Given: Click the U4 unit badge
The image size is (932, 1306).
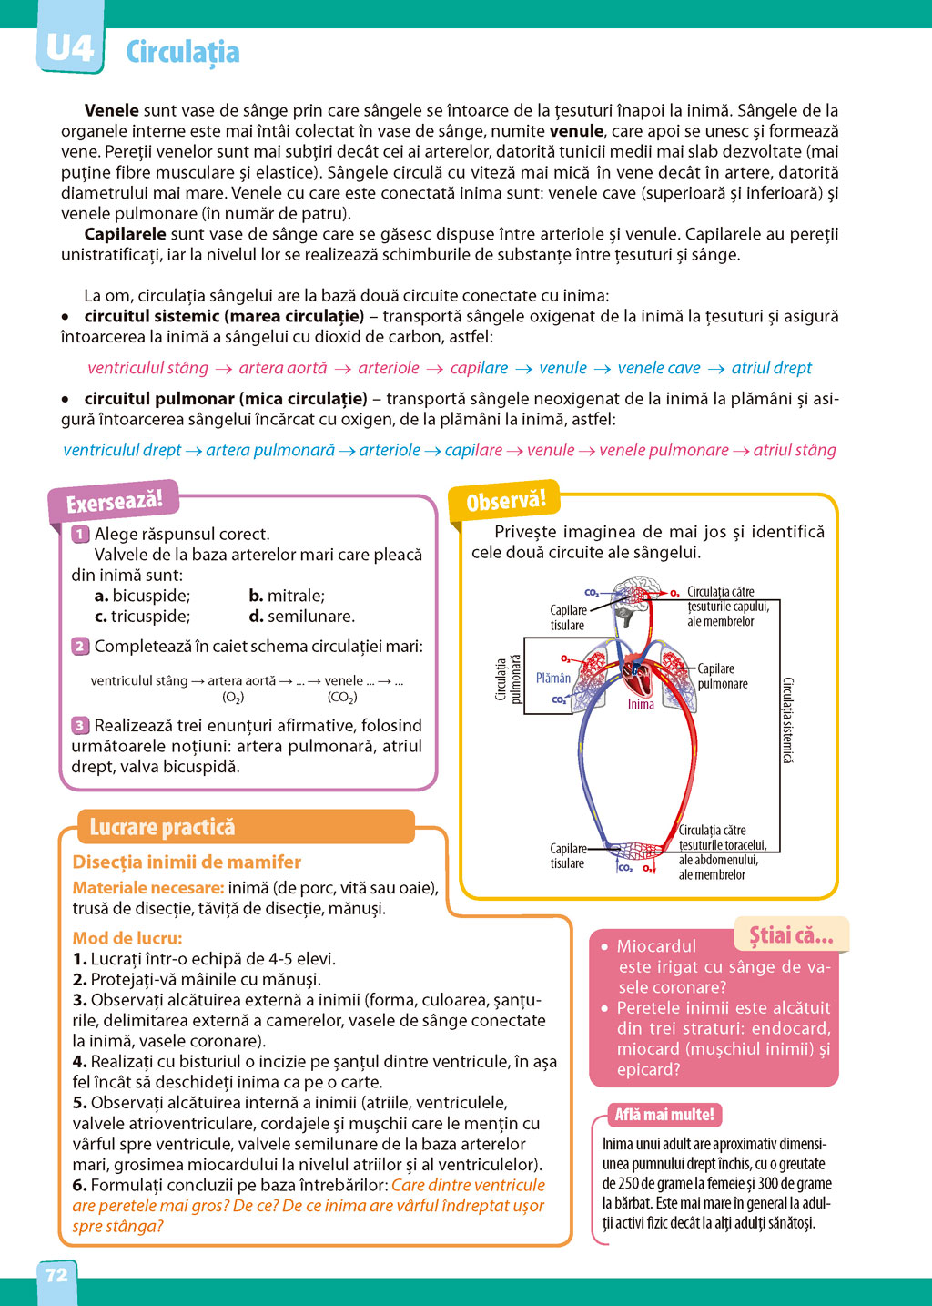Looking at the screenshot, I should (x=69, y=47).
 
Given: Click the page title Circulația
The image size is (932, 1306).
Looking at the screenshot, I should (x=182, y=53).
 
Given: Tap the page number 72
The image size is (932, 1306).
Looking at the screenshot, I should (x=56, y=1275).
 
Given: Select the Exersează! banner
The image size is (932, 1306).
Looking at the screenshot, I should (x=114, y=502).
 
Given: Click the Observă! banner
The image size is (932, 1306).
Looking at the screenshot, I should (x=506, y=502).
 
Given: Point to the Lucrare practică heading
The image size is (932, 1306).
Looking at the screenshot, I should (x=162, y=827).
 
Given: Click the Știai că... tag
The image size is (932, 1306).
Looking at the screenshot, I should (x=791, y=935).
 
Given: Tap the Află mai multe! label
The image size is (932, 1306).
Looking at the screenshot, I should (x=664, y=1115).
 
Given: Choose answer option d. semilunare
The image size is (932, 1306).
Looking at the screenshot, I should (x=302, y=617).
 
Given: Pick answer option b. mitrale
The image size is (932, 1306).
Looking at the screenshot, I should (x=287, y=597).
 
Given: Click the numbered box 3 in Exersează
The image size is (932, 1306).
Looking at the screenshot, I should (x=80, y=726).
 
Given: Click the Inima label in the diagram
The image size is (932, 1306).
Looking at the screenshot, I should (x=641, y=704).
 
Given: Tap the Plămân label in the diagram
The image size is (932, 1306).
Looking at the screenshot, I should (x=553, y=679).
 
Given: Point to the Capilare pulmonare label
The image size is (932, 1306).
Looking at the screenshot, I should (x=723, y=677).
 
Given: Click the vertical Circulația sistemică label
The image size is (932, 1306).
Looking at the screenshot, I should (x=788, y=719).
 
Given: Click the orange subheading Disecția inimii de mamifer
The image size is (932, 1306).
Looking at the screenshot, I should (x=187, y=862).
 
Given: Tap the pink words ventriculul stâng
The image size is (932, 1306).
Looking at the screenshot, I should (x=148, y=368).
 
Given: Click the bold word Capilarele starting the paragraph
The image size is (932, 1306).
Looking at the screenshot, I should (x=125, y=234).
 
